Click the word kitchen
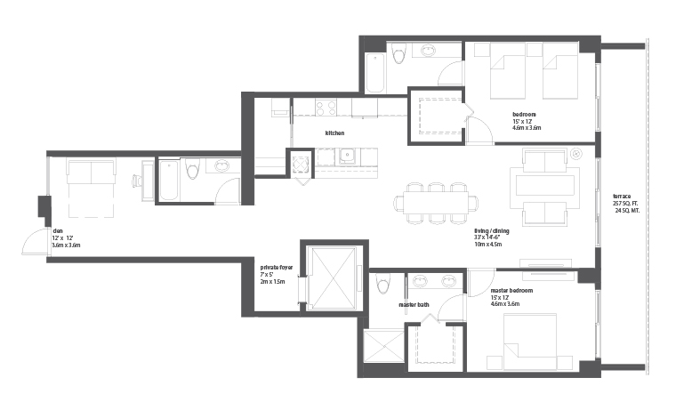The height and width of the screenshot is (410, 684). [334, 133]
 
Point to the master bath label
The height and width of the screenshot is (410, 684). [414, 305]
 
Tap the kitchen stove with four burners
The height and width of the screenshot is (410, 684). [326, 108]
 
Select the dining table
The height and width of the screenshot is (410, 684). [436, 203]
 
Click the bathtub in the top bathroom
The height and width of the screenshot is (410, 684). [375, 73]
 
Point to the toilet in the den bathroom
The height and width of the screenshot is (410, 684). [192, 169]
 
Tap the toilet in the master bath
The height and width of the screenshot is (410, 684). [383, 284]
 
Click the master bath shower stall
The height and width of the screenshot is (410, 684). [384, 346]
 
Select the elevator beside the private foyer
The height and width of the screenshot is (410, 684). [332, 278]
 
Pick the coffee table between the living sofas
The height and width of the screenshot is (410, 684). [545, 185]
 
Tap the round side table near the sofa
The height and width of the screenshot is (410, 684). [575, 154]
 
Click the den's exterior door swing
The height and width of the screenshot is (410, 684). [36, 241]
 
